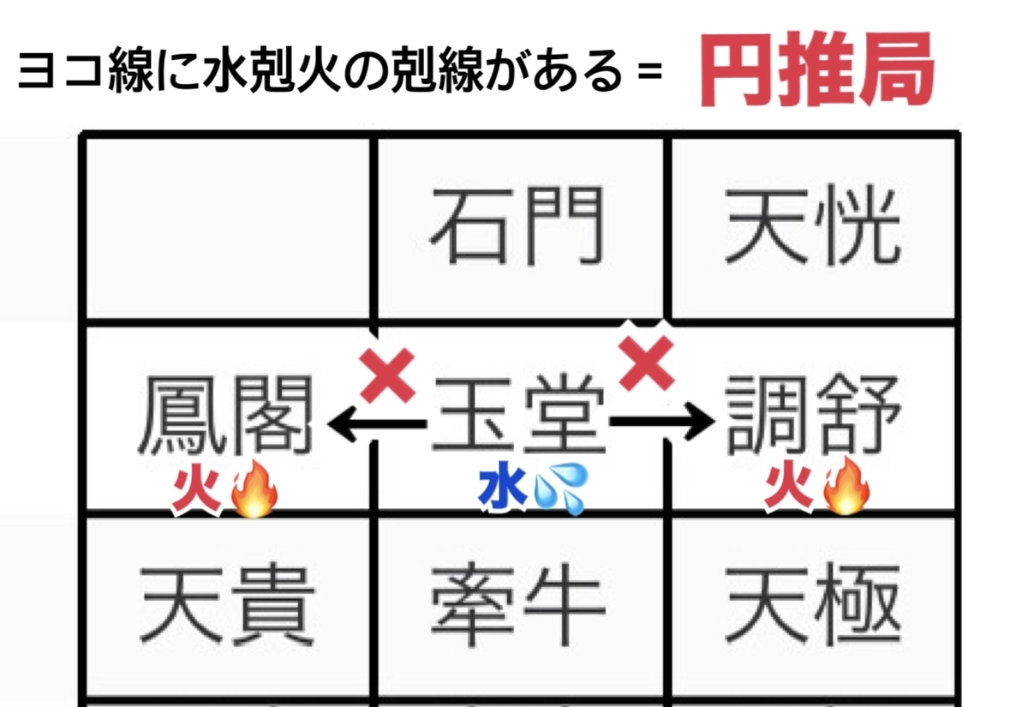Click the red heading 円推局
coord(817,69)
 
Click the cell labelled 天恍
coord(813,228)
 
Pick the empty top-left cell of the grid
coord(228,228)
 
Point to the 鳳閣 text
coord(226,415)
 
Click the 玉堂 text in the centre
coord(519,416)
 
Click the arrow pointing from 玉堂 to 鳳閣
coord(377,423)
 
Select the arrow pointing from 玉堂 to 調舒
coord(661,421)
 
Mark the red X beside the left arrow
coord(388,375)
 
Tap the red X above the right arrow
coord(647,363)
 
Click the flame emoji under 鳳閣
coord(254,489)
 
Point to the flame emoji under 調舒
coord(846,487)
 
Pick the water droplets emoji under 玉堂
coord(560,488)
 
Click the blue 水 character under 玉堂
coord(502,490)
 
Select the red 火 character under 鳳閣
coord(197,492)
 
